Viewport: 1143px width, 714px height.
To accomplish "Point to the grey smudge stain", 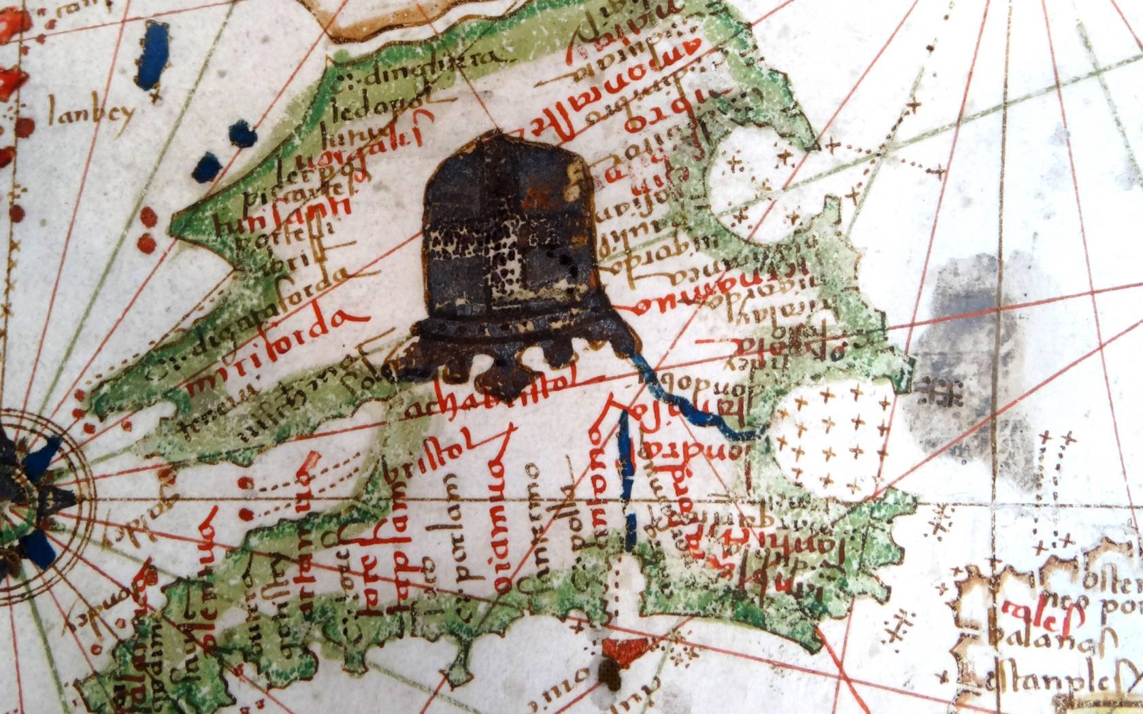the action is (980, 354).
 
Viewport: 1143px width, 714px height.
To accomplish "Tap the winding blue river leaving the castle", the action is (694, 405).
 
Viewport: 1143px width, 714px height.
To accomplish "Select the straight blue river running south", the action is (627, 476).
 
